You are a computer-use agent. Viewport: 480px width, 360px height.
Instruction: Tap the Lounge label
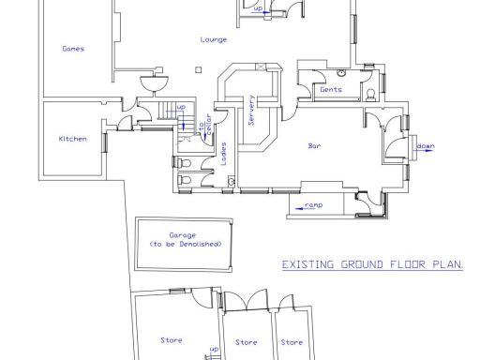tap(211, 39)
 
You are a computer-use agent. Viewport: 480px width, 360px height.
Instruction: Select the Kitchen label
tap(72, 139)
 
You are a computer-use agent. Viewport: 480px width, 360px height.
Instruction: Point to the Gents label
tap(329, 90)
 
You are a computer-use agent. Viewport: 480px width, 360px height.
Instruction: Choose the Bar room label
tap(315, 145)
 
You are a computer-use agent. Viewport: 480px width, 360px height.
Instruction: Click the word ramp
tap(314, 204)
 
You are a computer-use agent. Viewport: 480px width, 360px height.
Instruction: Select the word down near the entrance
tap(426, 146)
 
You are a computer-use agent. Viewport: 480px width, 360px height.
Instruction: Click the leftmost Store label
tap(172, 339)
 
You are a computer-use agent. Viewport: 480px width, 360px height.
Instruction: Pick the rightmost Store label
tap(292, 342)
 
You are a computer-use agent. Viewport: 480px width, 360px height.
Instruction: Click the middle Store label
tap(246, 342)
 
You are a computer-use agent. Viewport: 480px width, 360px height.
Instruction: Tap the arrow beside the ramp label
tap(299, 204)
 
